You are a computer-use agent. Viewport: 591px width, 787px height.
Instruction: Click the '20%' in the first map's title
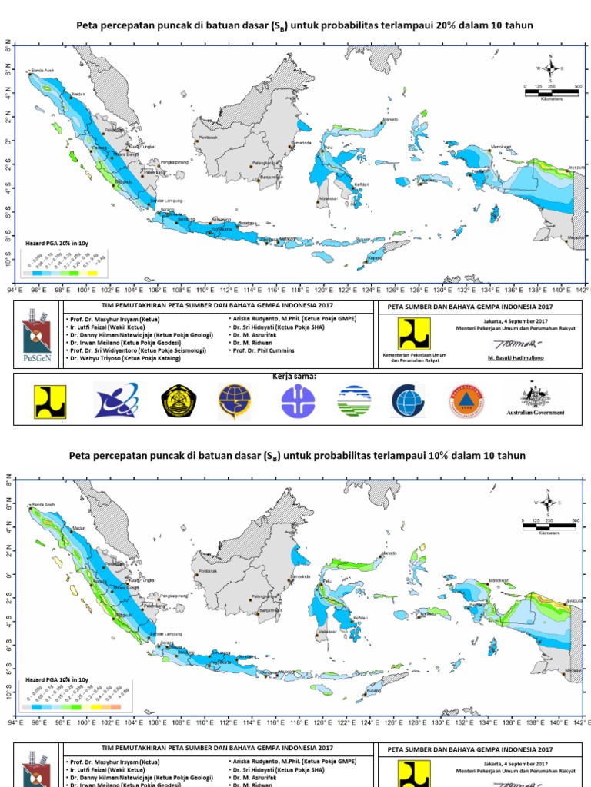click(447, 25)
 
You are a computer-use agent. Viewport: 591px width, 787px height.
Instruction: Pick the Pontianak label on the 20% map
click(209, 138)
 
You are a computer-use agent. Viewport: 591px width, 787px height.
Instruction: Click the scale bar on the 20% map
click(551, 92)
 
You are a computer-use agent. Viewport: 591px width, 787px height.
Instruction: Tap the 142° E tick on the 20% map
click(581, 290)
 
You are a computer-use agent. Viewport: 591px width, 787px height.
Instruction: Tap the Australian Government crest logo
click(533, 397)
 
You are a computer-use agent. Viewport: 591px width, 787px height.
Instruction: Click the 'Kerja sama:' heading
click(295, 377)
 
